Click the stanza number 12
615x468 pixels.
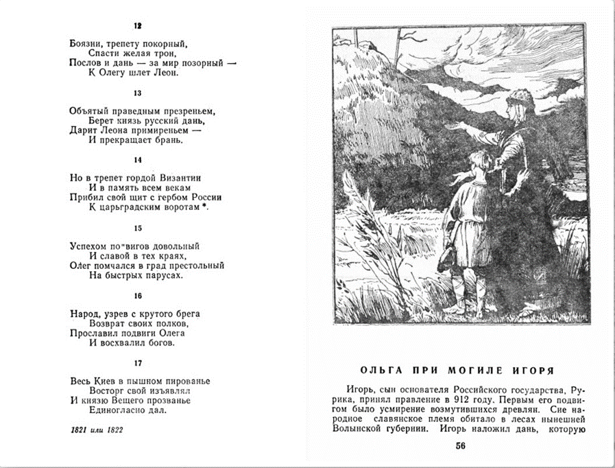(138, 26)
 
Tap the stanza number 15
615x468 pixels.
(138, 229)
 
